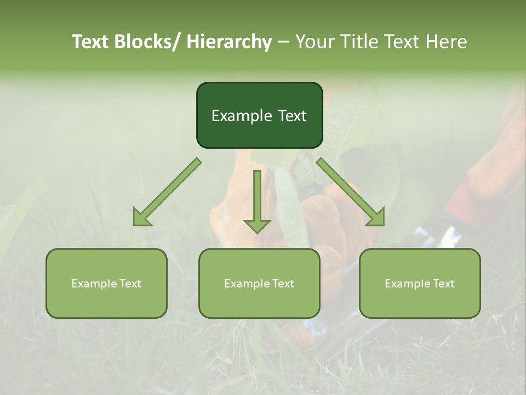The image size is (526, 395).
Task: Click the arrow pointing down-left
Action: point(167,192)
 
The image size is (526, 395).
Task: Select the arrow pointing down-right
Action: point(351,192)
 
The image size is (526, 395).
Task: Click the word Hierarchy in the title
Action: point(229,42)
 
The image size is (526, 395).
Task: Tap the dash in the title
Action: point(283,42)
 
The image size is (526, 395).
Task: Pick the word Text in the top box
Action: point(291,116)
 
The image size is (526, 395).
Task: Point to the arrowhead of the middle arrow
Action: point(257,225)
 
